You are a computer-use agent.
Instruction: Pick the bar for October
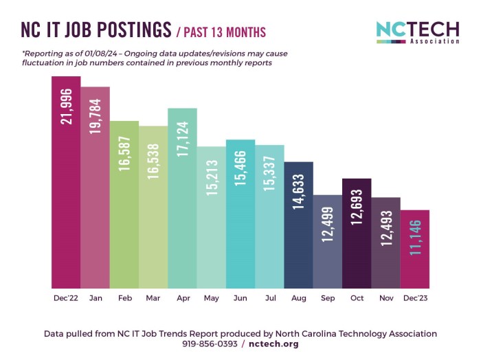tap(356, 234)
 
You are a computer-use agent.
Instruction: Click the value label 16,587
tap(124, 153)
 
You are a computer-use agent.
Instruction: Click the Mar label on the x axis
tap(153, 299)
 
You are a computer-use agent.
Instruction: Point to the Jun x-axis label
tap(240, 299)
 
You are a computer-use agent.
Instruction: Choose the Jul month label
tap(269, 299)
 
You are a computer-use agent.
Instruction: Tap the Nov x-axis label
tap(385, 299)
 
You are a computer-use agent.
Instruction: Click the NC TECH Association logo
tap(417, 32)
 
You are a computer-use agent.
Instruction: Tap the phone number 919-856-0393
tap(209, 344)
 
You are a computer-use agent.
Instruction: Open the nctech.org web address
tap(273, 344)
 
